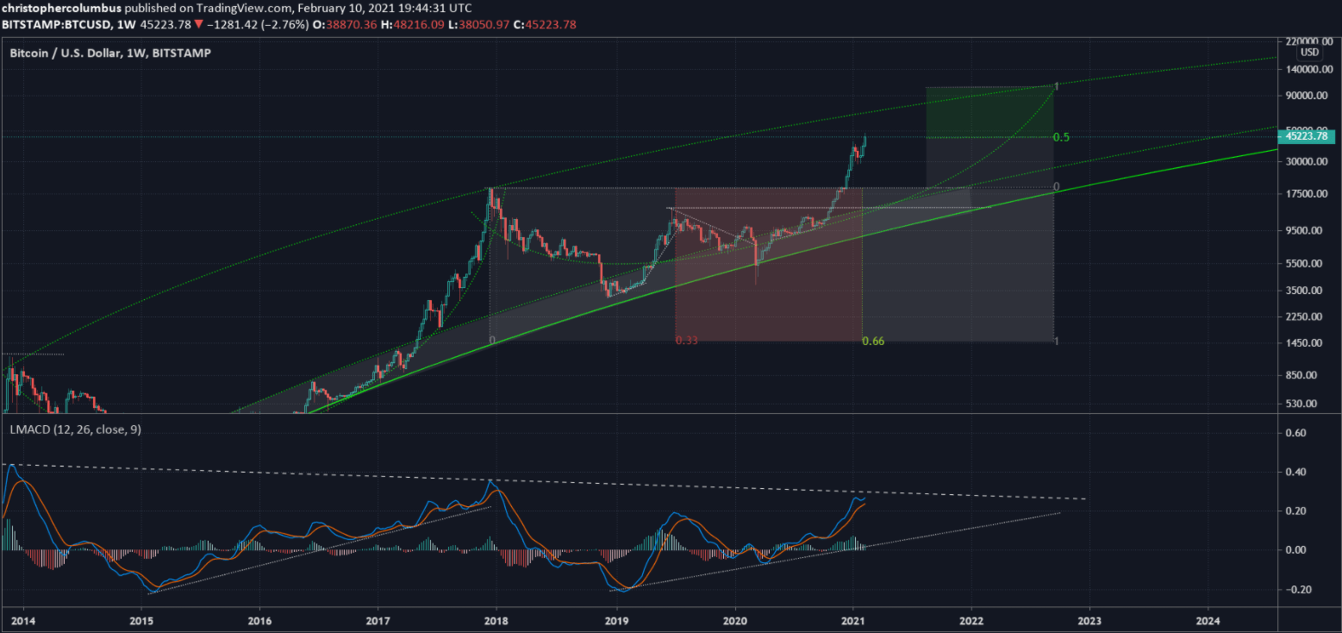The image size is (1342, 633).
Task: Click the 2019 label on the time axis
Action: coord(616,620)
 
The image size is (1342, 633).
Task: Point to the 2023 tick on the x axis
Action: coord(1089,620)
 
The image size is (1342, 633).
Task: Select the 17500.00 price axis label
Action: coord(1303,194)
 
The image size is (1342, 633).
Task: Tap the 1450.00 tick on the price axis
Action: coord(1303,343)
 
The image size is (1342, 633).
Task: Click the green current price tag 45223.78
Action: coord(1307,136)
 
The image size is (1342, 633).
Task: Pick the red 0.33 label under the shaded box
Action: coord(687,341)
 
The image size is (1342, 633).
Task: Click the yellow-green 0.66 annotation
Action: coord(873,341)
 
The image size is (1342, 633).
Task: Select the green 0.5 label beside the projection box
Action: coord(1061,138)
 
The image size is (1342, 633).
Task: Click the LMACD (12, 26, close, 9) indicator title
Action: coord(75,429)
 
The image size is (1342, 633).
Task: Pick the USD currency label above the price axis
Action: coord(1309,53)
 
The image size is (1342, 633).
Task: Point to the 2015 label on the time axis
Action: coord(142,620)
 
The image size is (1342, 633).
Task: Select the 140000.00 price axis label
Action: coord(1303,69)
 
